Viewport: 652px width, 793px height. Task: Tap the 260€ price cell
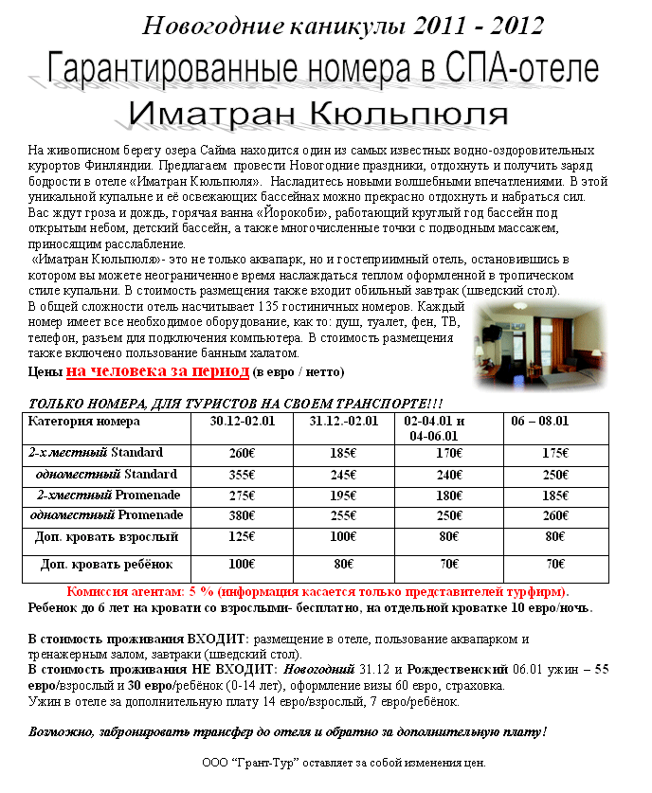[x=242, y=453]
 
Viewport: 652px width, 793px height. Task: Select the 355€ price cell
[x=242, y=475]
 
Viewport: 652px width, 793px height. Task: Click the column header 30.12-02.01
[x=242, y=422]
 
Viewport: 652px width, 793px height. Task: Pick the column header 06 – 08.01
[x=539, y=422]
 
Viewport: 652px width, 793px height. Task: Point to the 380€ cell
[x=242, y=516]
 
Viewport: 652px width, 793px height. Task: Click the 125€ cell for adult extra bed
[x=242, y=537]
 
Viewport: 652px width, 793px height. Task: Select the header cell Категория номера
[x=84, y=422]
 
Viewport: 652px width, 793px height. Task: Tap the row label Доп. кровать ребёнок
[x=107, y=565]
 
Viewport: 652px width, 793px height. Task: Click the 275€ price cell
[x=242, y=496]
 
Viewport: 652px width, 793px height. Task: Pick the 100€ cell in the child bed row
[x=242, y=565]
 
